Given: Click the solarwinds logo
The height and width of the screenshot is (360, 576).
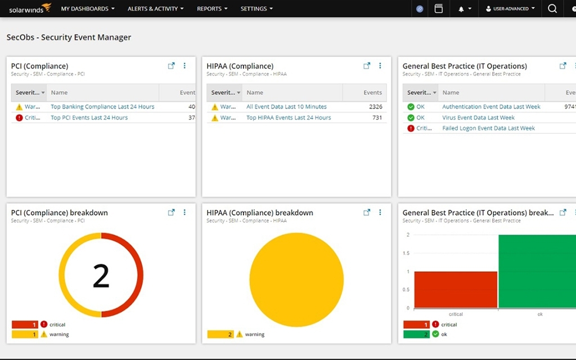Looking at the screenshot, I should tap(30, 8).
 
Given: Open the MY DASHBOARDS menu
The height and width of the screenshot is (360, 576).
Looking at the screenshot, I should tap(88, 9).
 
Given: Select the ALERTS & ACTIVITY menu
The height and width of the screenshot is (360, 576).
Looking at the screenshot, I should tap(155, 9).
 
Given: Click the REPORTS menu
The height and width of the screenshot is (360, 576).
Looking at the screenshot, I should tap(212, 9).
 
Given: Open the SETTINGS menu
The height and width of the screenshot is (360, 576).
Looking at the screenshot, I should tap(256, 9).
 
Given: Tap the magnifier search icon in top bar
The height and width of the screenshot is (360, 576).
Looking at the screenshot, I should tap(552, 8).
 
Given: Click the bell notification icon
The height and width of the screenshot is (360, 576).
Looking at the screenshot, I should tap(461, 9).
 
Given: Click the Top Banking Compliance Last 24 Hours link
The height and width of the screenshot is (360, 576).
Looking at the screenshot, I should tap(102, 107).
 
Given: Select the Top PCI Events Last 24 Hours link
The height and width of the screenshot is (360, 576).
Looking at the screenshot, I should tap(89, 118).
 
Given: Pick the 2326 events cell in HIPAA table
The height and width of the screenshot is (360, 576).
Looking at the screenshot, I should tap(376, 107).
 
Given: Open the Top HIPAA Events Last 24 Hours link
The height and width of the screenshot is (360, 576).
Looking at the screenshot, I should tap(289, 118).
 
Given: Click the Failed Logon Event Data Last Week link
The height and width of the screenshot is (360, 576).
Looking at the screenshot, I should tap(488, 128).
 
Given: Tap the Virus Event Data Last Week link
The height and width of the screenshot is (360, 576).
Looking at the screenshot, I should tap(478, 118).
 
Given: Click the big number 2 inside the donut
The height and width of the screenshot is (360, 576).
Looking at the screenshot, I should tap(101, 276).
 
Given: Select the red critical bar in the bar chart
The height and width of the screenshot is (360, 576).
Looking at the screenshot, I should tap(456, 290).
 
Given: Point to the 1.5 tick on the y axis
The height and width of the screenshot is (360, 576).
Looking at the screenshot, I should tap(407, 253).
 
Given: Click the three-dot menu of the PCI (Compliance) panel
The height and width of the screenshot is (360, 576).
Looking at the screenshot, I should tap(184, 66).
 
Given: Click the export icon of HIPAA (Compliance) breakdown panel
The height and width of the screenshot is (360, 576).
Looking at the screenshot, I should tap(367, 213).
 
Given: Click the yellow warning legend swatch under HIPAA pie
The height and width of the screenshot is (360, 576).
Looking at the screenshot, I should tap(220, 334).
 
